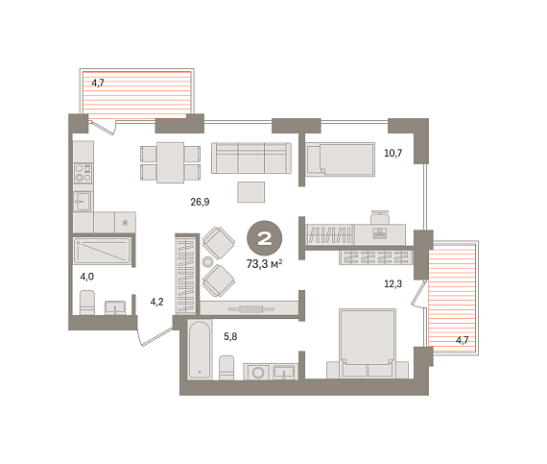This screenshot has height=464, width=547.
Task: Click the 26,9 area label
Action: (200, 202)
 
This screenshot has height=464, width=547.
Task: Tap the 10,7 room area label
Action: (392, 153)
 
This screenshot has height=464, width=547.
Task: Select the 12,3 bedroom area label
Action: (392, 283)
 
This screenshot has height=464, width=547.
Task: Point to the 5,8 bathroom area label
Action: (230, 336)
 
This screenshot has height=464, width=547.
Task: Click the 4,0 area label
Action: (87, 277)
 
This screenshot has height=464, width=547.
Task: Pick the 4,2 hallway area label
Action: (156, 302)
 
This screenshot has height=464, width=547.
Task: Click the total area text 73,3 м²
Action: (264, 264)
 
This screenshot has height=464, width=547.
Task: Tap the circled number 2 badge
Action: (265, 237)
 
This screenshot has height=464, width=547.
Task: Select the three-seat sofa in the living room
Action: (251, 158)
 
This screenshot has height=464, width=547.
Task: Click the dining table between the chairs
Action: (170, 162)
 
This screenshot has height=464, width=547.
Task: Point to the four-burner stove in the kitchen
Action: (83, 173)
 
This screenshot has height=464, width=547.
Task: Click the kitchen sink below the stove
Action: (83, 202)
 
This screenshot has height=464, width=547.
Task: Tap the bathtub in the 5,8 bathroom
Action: (200, 350)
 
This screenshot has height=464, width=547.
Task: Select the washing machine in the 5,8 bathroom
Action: (257, 373)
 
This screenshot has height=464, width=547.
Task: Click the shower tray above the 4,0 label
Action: (103, 251)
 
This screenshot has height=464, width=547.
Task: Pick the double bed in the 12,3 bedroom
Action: (368, 343)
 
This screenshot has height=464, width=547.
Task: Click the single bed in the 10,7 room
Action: (340, 159)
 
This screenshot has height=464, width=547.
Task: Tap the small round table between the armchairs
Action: (207, 261)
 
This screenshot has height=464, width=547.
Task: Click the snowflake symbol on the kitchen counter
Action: (125, 223)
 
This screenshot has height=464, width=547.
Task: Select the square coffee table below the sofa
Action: (251, 192)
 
